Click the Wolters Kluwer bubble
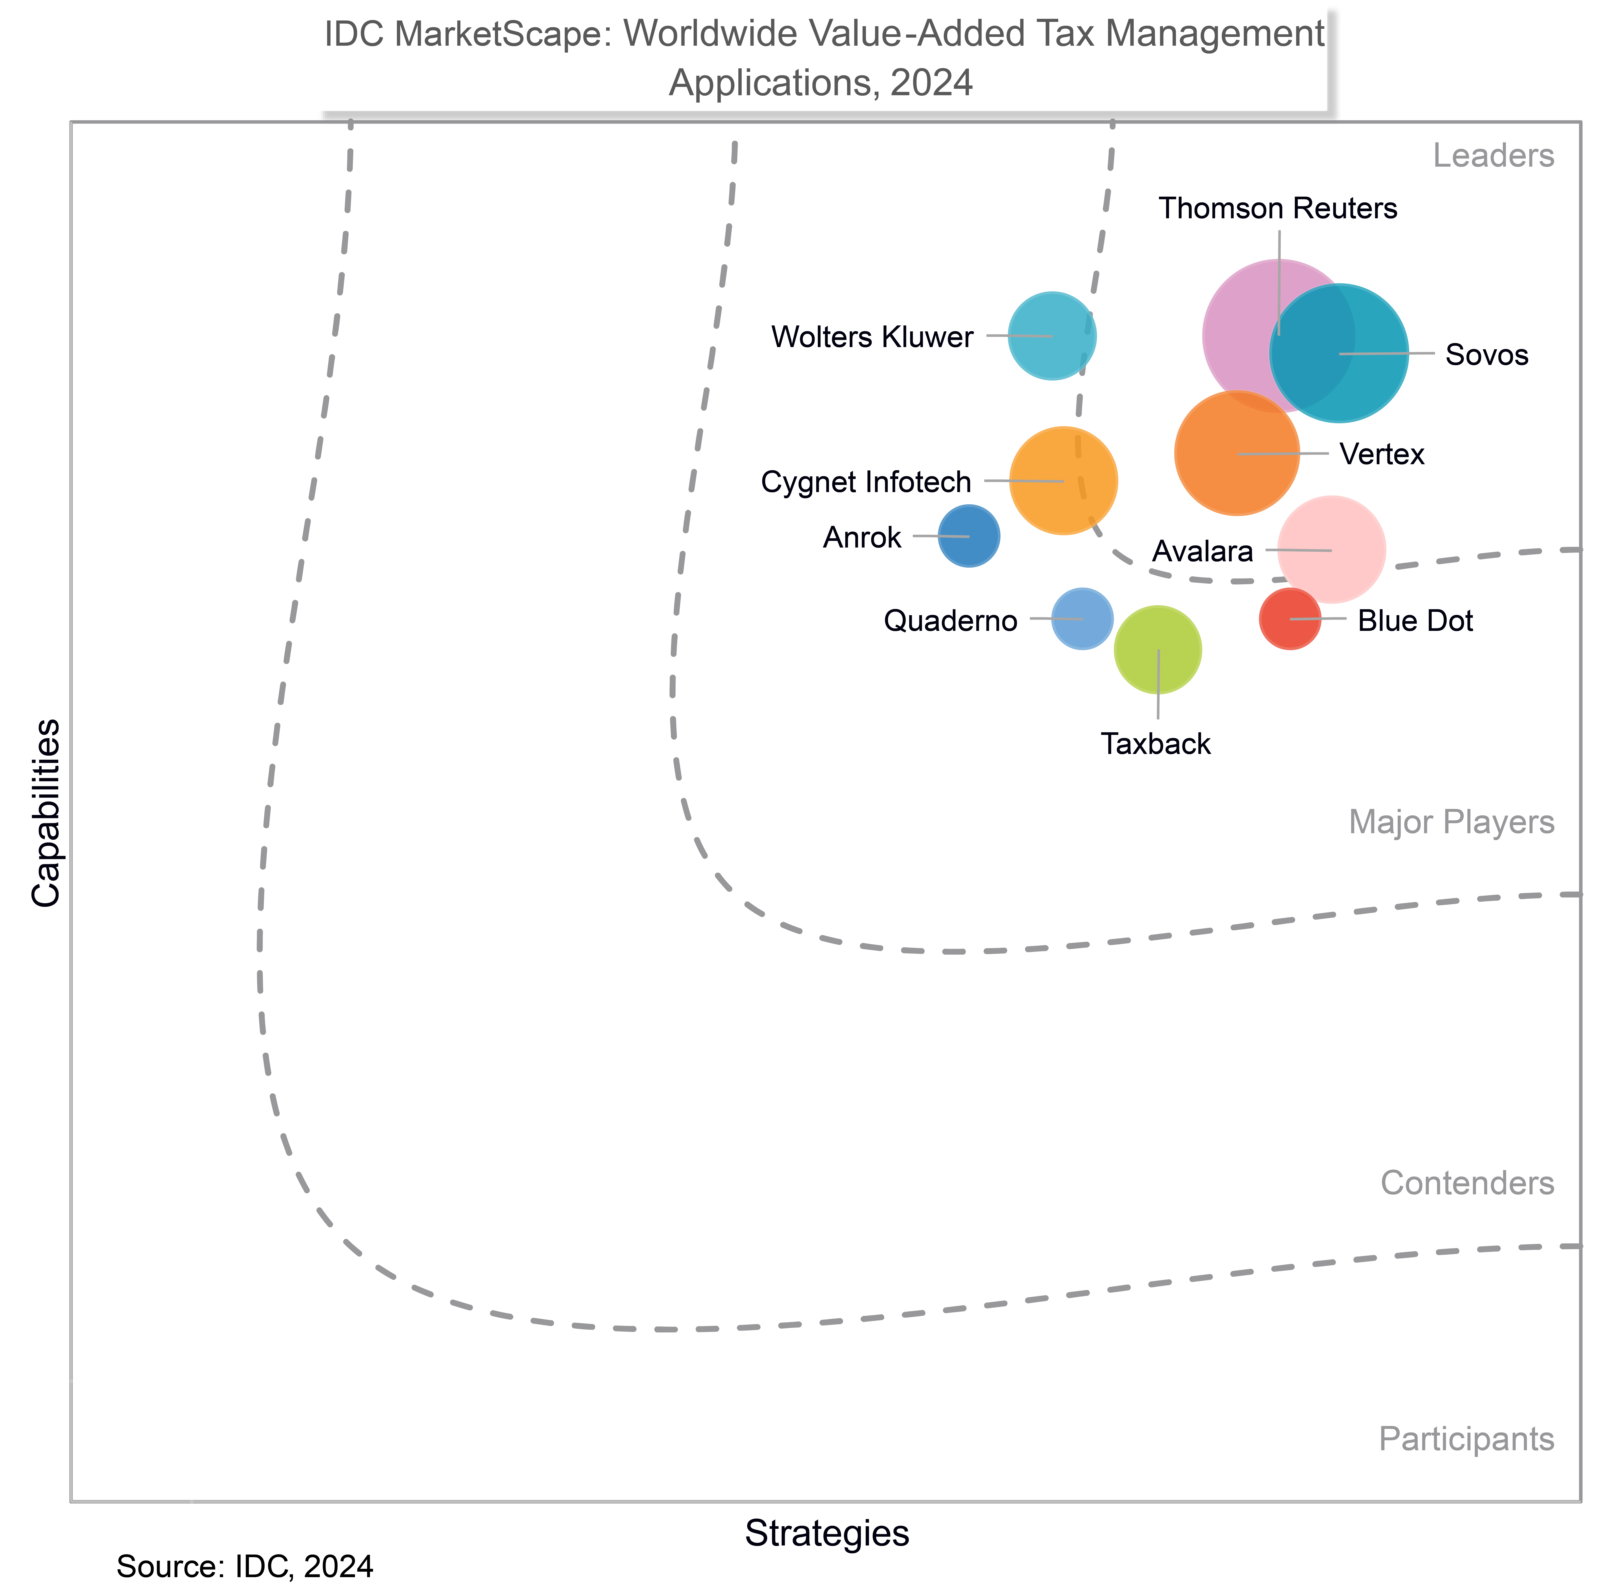1052,336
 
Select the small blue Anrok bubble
969,536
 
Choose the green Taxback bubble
1157,649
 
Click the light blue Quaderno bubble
1082,618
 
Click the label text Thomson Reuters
1278,209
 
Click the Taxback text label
1156,744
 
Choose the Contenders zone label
1467,1183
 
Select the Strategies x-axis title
827,1533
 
